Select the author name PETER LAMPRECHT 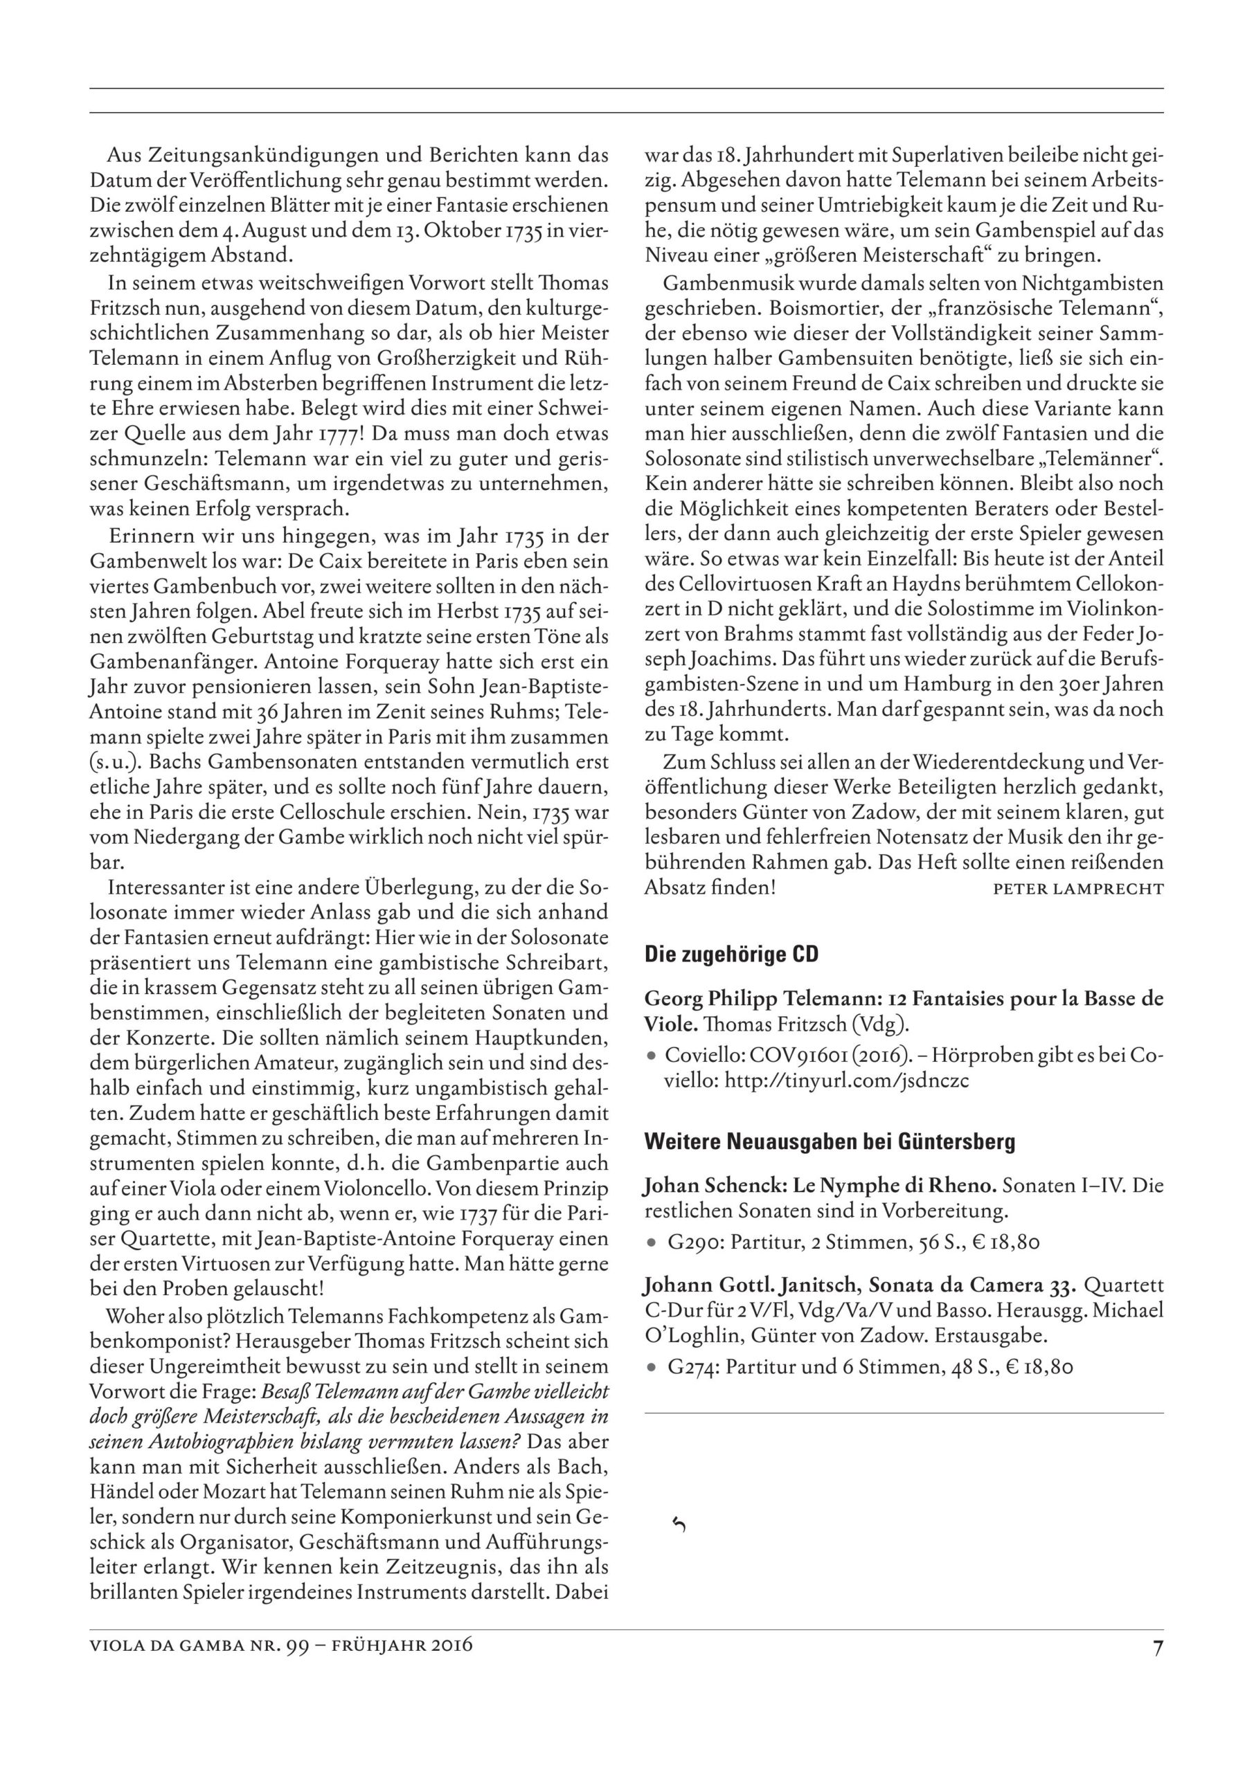1078,888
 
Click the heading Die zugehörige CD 731,955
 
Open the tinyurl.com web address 846,1080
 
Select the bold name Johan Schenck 703,1186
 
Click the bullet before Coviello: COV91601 652,1056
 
